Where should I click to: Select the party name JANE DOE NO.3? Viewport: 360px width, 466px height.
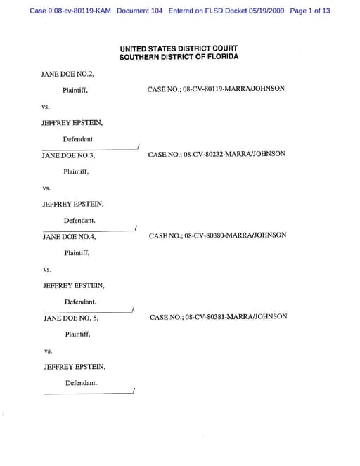68,155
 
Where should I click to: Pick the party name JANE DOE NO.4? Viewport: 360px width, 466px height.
70,237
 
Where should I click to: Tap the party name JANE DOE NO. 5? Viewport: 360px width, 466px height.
71,318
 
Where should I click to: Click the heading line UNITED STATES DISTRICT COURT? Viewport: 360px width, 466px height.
179,48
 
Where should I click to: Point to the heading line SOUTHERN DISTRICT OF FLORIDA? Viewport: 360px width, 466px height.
179,57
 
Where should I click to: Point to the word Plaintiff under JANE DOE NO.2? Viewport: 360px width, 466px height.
75,91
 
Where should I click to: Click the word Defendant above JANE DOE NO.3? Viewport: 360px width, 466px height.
79,139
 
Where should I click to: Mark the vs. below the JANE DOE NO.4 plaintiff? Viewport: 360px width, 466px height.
49,269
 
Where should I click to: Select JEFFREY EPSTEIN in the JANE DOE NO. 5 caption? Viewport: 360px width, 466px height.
75,367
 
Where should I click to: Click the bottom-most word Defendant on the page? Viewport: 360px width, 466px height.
82,383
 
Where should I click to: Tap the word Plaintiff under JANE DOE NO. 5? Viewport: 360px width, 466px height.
78,335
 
